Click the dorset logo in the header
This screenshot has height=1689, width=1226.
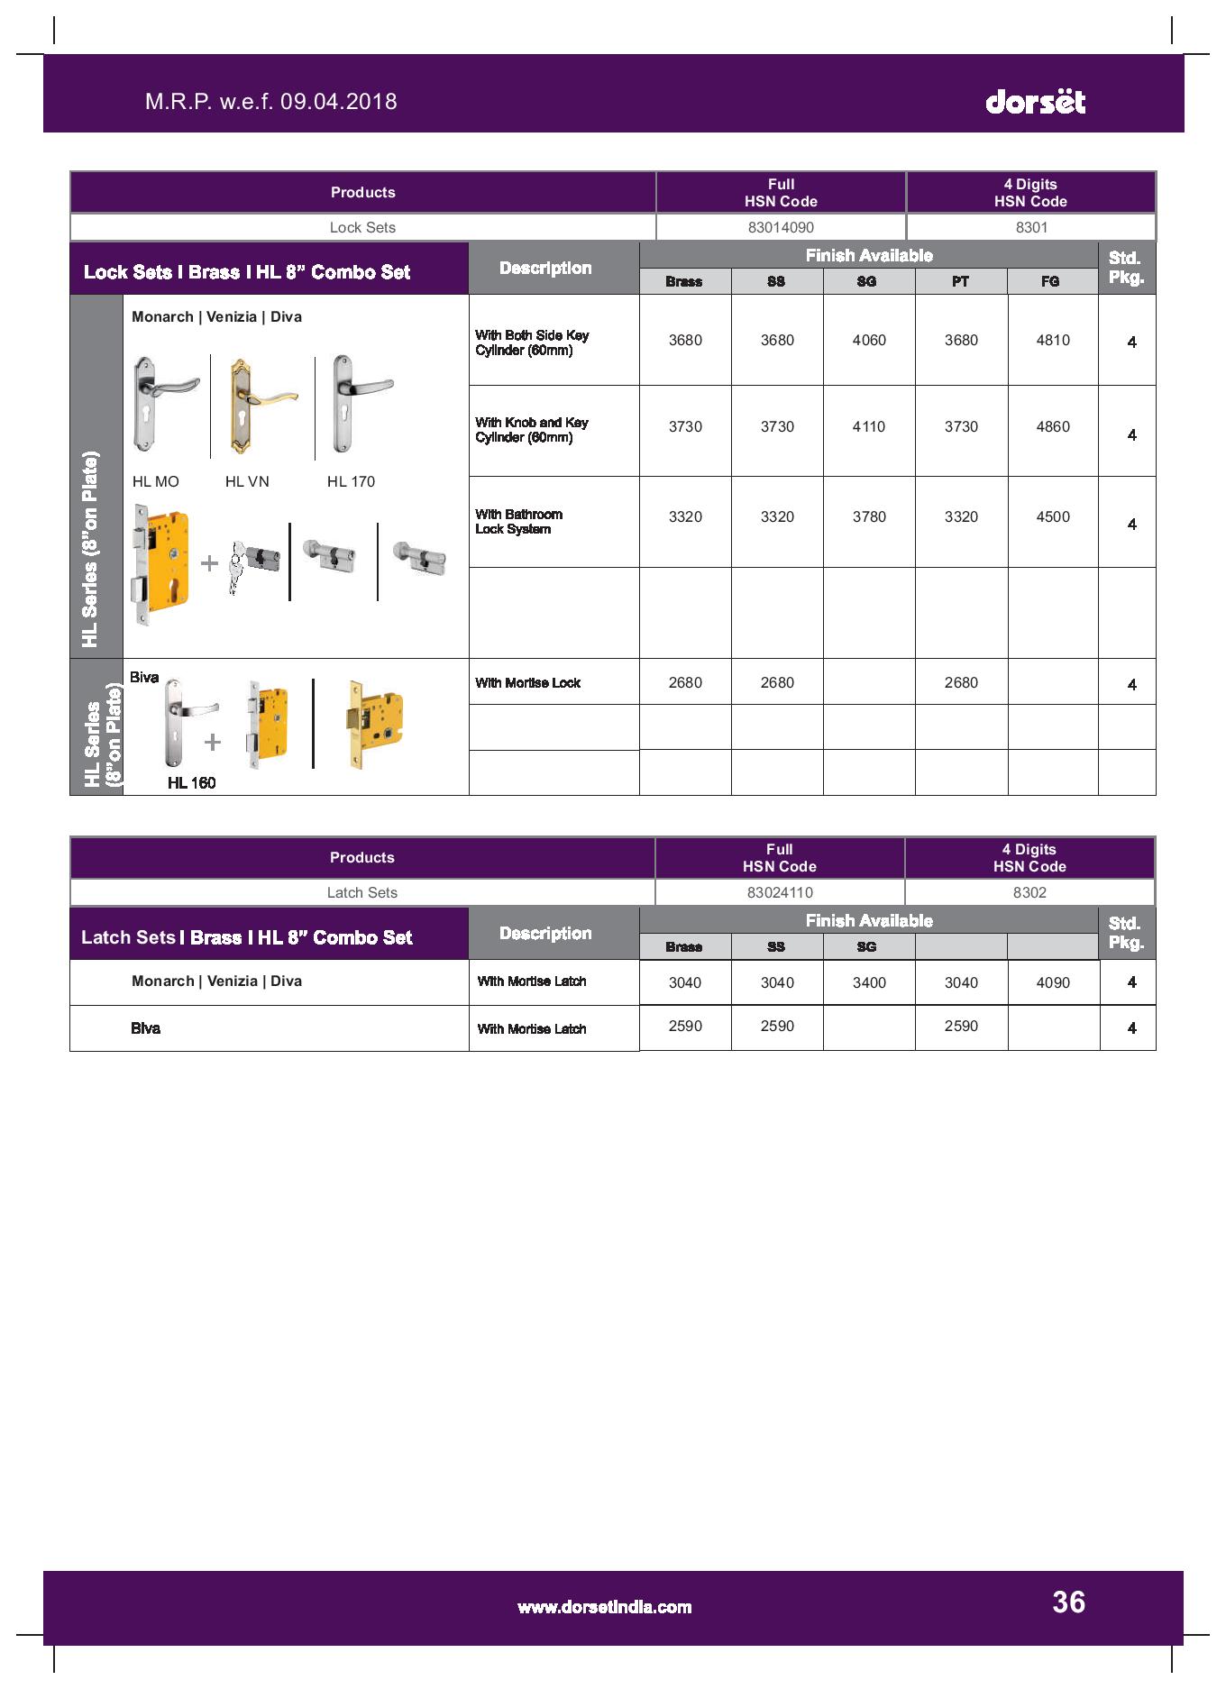1035,101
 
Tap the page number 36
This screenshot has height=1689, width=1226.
1068,1602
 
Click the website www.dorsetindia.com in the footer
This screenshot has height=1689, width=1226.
604,1607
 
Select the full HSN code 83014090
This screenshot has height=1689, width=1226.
781,227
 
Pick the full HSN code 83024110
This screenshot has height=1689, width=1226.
780,892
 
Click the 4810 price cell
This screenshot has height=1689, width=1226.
1053,340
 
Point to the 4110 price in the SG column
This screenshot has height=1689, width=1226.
869,426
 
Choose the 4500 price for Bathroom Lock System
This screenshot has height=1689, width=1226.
1053,516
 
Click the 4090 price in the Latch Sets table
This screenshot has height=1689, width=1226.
1053,982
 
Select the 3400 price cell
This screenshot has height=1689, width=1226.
869,982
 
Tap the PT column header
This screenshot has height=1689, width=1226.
960,281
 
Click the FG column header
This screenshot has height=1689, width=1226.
1050,281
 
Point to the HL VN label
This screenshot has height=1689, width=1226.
247,481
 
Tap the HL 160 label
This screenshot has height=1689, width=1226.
191,782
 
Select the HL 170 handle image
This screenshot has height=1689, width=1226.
361,404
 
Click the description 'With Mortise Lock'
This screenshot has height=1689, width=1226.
528,683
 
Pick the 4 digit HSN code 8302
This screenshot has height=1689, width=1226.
1029,892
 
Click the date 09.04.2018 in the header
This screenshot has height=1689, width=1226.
339,101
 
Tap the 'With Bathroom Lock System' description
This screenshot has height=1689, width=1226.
519,522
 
